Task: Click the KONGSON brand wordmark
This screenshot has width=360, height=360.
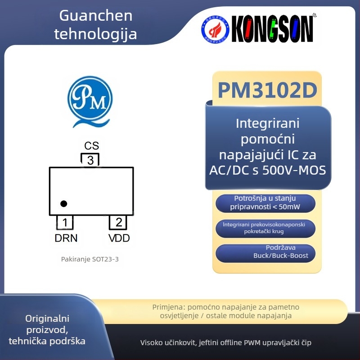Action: pyautogui.click(x=272, y=29)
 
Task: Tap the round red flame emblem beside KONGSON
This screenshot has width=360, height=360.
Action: pyautogui.click(x=215, y=29)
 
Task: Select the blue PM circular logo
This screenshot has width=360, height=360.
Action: pyautogui.click(x=90, y=101)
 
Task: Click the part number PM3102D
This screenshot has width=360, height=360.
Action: pyautogui.click(x=267, y=90)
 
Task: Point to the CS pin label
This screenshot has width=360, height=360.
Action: pyautogui.click(x=91, y=146)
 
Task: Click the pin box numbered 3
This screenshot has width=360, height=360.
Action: pyautogui.click(x=90, y=160)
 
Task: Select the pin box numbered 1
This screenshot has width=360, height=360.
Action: pyautogui.click(x=65, y=222)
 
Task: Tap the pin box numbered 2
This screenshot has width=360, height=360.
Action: pyautogui.click(x=118, y=222)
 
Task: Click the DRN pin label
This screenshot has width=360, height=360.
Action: pyautogui.click(x=66, y=238)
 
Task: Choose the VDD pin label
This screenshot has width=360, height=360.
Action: pyautogui.click(x=119, y=238)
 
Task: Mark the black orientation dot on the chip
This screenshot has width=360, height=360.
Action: pyautogui.click(x=63, y=203)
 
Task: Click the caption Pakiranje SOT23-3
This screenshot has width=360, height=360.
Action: pyautogui.click(x=90, y=259)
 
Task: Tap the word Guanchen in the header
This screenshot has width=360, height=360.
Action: pyautogui.click(x=96, y=16)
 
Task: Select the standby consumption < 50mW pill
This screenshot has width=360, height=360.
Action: pyautogui.click(x=265, y=203)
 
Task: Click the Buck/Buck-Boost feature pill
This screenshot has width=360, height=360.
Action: pyautogui.click(x=265, y=253)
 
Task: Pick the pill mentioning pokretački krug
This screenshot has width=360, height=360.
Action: pyautogui.click(x=265, y=228)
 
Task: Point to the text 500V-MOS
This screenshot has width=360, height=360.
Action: pyautogui.click(x=294, y=171)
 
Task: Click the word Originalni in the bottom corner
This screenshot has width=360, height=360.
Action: pyautogui.click(x=47, y=319)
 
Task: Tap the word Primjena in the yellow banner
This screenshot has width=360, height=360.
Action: pyautogui.click(x=169, y=307)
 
